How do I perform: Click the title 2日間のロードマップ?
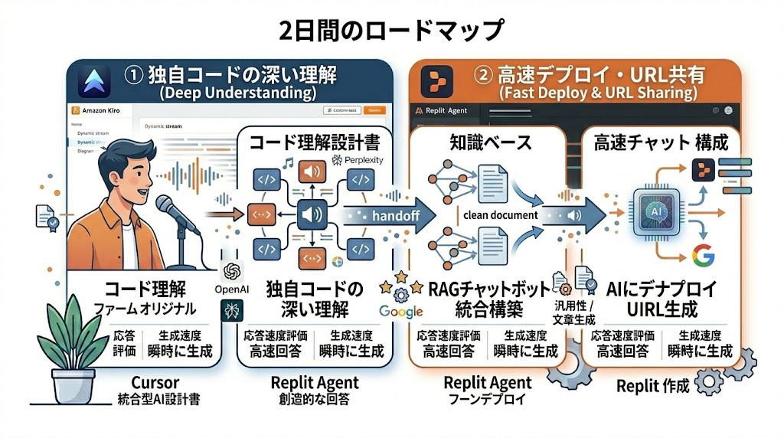[x=391, y=30]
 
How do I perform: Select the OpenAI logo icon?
[x=233, y=272]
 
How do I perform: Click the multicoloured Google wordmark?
[x=400, y=311]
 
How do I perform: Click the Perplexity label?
[x=358, y=160]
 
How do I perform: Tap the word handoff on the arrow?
[x=395, y=215]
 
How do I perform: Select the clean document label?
[x=501, y=214]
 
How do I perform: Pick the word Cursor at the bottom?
[x=155, y=382]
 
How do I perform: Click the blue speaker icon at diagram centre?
[x=313, y=214]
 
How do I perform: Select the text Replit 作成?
[x=652, y=386]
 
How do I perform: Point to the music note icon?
[x=288, y=163]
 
